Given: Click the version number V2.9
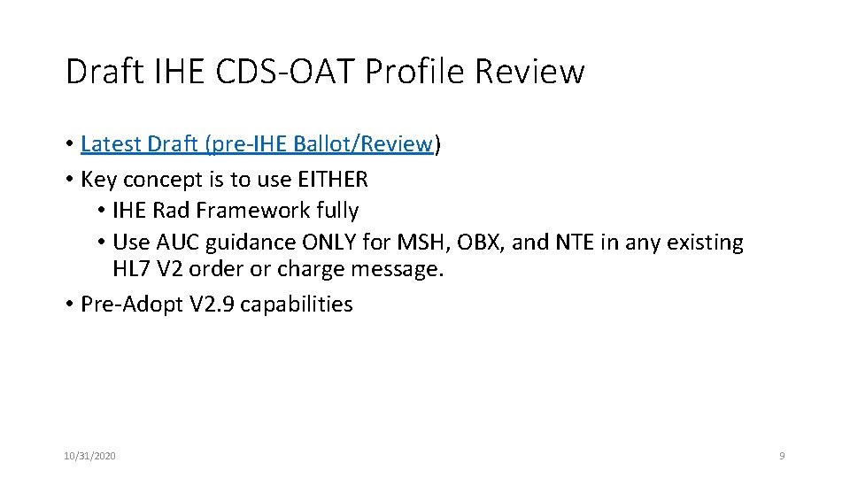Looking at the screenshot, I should pos(212,305).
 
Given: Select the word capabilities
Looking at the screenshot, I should pos(297,305).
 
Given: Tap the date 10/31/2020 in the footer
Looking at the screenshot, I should pos(89,456).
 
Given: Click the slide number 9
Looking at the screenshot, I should pos(781,456).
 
